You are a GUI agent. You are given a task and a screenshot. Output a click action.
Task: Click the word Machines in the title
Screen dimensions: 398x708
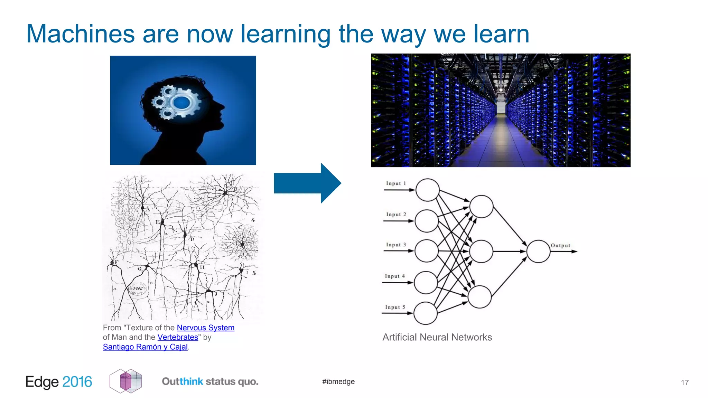click(x=80, y=34)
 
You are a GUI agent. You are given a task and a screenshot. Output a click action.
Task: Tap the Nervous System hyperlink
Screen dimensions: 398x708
click(x=205, y=328)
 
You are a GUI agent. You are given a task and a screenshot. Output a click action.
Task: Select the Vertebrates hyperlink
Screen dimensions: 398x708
click(x=178, y=337)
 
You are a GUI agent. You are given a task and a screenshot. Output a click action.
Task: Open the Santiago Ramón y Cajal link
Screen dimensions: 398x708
click(x=145, y=347)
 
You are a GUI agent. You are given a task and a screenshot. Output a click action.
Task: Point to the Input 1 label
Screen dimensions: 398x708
click(x=396, y=183)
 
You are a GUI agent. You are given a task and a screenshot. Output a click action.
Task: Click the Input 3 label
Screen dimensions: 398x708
click(x=396, y=245)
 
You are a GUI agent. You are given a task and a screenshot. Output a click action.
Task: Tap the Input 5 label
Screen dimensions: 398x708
click(x=395, y=307)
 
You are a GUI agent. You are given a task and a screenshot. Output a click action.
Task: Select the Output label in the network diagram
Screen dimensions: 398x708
click(x=560, y=246)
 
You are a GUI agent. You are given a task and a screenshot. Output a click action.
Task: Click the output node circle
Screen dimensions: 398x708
click(x=538, y=252)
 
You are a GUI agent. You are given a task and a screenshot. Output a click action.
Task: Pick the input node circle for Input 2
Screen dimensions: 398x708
click(x=427, y=221)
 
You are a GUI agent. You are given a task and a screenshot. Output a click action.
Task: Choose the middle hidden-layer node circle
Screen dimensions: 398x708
click(x=481, y=252)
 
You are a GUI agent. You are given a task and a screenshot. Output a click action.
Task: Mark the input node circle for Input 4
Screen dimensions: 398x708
click(x=426, y=283)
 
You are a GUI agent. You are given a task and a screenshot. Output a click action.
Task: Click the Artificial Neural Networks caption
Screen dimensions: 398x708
click(x=437, y=337)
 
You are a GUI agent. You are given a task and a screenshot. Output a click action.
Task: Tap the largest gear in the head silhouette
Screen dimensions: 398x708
click(x=182, y=103)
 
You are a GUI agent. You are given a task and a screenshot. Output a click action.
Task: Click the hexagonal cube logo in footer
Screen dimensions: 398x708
click(x=126, y=381)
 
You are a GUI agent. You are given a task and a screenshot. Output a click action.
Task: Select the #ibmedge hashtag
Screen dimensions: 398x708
click(x=338, y=381)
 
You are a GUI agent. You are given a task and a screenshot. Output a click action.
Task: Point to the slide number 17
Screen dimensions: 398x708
click(x=684, y=382)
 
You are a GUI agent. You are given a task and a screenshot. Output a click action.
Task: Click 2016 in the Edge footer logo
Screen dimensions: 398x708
click(x=77, y=382)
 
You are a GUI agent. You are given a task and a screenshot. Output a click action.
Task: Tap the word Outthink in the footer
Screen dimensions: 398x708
click(x=183, y=381)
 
